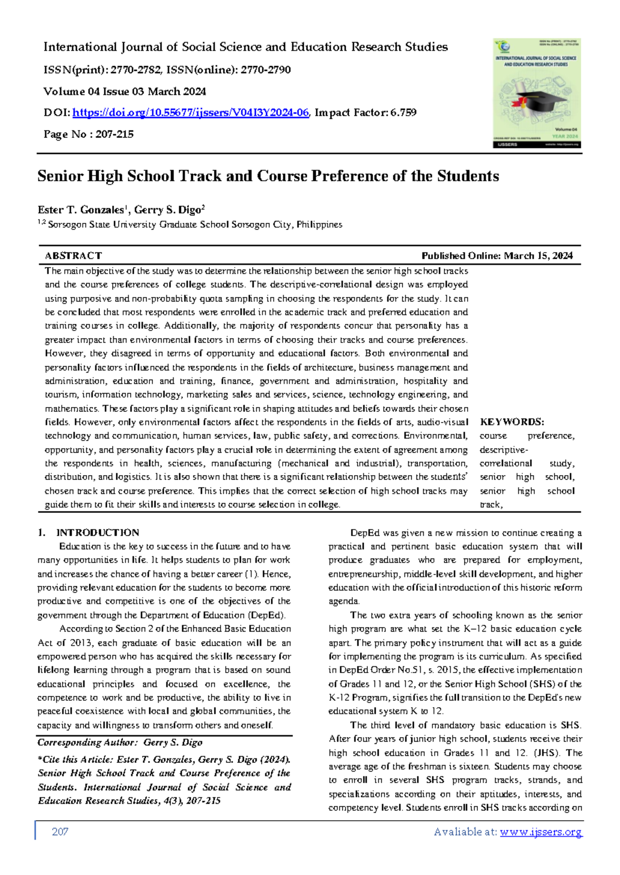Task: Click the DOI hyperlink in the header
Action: tap(191, 113)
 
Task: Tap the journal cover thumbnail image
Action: tap(537, 93)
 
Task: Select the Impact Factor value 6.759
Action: tap(404, 113)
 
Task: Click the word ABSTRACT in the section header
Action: tap(73, 256)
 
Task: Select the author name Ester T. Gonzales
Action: tap(81, 210)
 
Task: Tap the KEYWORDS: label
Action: tap(512, 422)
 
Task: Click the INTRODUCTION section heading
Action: tap(98, 533)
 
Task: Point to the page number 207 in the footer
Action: tap(60, 832)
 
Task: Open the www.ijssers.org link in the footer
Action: tap(541, 832)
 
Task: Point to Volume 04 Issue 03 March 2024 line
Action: tap(125, 91)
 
